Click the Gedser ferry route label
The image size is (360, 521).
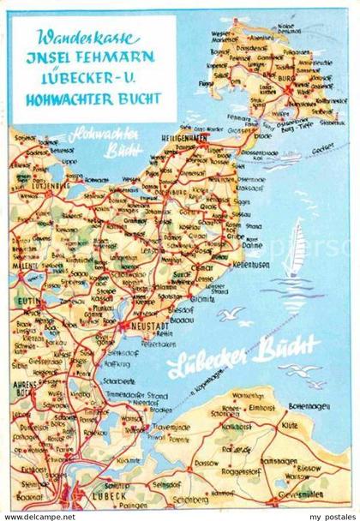[x=321, y=146]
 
